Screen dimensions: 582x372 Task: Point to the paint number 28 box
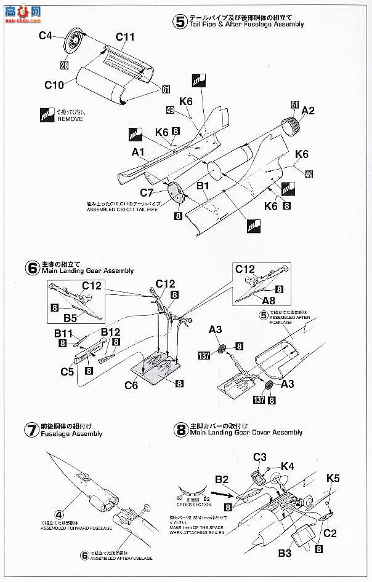[x=64, y=66]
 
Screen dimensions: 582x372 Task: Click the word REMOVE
[x=70, y=119]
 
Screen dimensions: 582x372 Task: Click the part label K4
[x=288, y=466]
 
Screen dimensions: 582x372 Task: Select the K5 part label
[x=333, y=477]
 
